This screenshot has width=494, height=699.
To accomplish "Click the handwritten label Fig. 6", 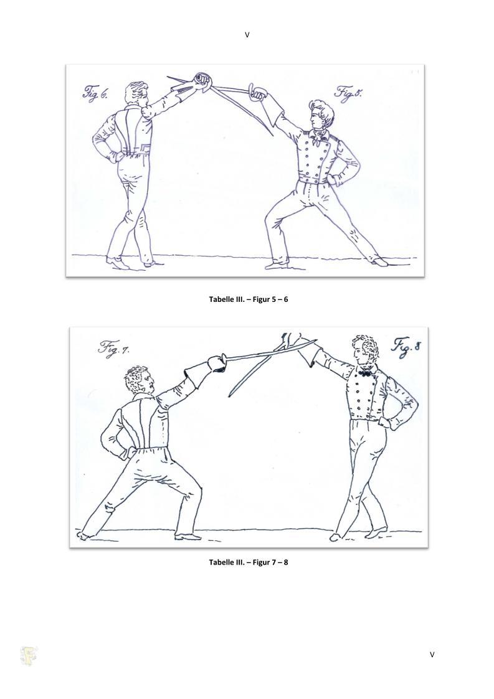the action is pos(95,93).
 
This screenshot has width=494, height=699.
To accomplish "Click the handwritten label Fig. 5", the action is pos(349,93).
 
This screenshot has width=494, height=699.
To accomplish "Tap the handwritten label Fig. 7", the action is pos(114,347).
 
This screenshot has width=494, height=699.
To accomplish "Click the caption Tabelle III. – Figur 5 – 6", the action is pos(249,299).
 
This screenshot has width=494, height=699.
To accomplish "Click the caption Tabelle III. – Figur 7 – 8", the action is pos(249,562).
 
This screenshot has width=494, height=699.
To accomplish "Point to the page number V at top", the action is pos(247,35).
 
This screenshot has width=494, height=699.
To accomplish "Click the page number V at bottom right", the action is pos(432,654).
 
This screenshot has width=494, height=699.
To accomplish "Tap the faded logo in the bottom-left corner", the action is pos(29,656).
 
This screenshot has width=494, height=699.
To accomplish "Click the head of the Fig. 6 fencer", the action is pos(136,95).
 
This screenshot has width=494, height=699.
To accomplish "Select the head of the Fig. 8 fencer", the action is pos(364,350).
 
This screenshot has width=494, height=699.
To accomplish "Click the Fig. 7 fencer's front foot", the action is pos(186,537).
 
